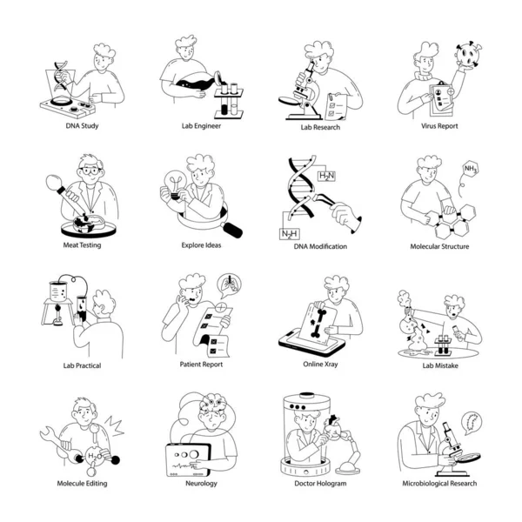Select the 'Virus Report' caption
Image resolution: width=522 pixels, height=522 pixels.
pyautogui.click(x=439, y=126)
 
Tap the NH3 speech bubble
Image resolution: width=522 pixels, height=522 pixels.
pyautogui.click(x=471, y=170)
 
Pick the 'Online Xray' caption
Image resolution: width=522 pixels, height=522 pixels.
pyautogui.click(x=320, y=365)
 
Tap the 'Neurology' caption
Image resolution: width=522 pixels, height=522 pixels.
pyautogui.click(x=201, y=483)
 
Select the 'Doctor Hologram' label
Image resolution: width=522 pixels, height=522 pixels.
pyautogui.click(x=319, y=483)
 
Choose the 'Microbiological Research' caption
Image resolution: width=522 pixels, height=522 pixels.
pyautogui.click(x=439, y=483)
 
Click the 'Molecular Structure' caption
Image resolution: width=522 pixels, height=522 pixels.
pyautogui.click(x=439, y=246)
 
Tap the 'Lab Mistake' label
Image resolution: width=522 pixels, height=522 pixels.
pyautogui.click(x=439, y=365)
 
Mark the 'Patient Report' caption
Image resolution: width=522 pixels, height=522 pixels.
pyautogui.click(x=201, y=365)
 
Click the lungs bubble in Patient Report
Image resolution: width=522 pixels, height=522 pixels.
pyautogui.click(x=229, y=284)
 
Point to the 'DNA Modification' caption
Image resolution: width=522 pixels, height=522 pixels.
pyautogui.click(x=320, y=246)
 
